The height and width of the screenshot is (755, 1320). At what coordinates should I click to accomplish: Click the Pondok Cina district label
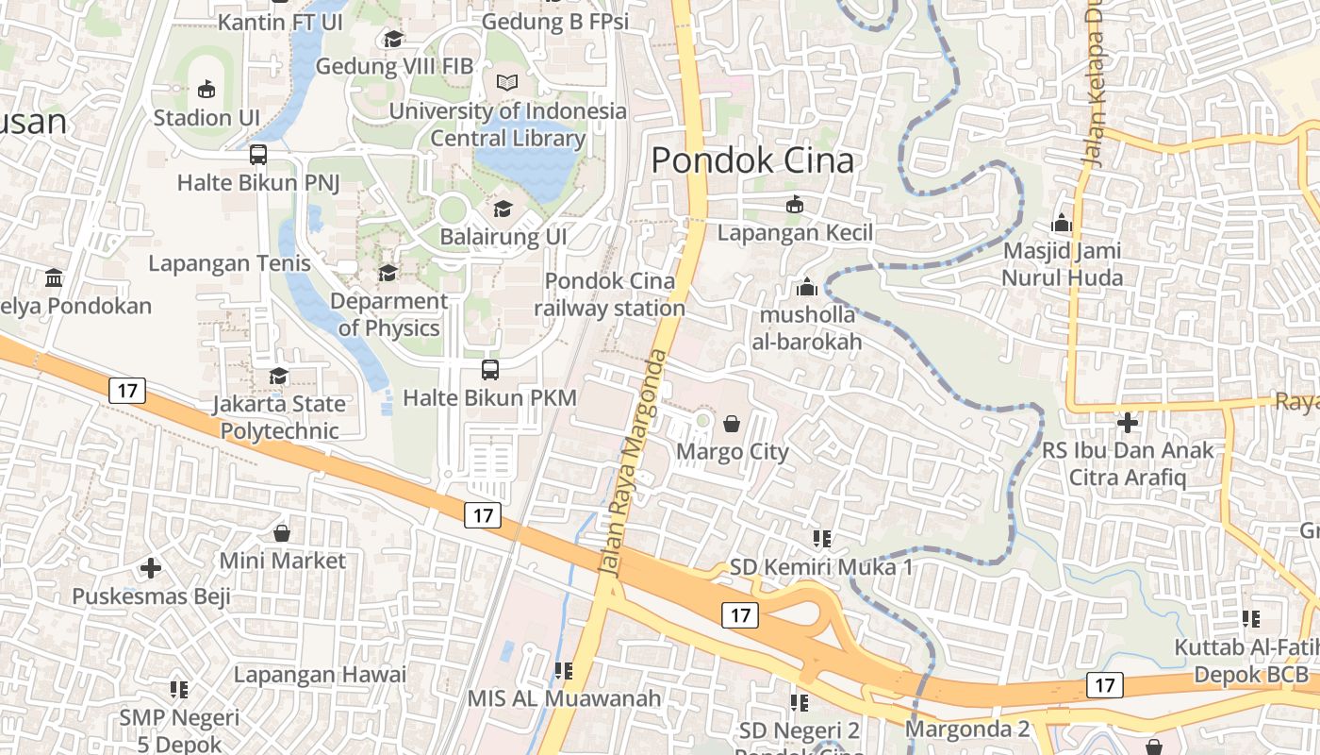click(x=752, y=160)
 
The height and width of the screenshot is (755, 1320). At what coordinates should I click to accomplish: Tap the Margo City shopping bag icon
click(x=731, y=424)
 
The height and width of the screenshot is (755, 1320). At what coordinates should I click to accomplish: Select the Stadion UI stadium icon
click(x=206, y=90)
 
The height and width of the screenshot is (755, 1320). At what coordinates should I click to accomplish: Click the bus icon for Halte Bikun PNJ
click(x=257, y=155)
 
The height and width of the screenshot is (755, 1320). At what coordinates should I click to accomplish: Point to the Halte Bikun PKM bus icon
click(x=489, y=370)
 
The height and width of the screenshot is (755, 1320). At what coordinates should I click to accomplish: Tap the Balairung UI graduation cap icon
click(x=503, y=209)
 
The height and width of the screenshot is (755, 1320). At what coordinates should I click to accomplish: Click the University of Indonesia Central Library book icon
click(x=507, y=83)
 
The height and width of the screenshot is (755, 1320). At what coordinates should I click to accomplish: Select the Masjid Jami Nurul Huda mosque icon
click(x=1062, y=224)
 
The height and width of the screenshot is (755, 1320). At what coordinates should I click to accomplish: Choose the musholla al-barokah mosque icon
click(x=807, y=287)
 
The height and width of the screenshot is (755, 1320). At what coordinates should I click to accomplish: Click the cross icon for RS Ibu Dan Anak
click(x=1128, y=422)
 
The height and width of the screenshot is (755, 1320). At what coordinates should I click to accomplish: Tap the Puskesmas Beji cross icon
click(x=151, y=568)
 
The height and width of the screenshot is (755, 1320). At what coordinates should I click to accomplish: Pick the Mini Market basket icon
click(x=282, y=533)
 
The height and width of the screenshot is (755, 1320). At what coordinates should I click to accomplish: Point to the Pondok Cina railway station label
click(x=610, y=294)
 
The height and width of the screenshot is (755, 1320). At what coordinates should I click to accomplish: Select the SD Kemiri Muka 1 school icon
click(x=821, y=539)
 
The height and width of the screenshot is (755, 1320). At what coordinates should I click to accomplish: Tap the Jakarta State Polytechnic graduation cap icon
click(x=277, y=377)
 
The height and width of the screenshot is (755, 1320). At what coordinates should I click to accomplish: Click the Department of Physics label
click(x=388, y=314)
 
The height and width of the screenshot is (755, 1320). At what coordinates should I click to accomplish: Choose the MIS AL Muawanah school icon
click(x=564, y=671)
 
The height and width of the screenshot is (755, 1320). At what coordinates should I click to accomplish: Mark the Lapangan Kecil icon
click(x=795, y=204)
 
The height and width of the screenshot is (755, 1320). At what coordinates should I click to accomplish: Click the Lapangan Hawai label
click(x=320, y=675)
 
